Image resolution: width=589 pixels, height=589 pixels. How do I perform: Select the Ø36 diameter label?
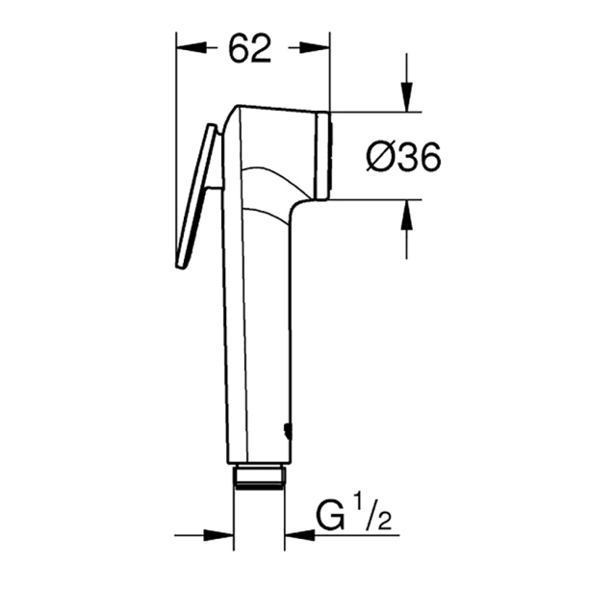click(x=404, y=156)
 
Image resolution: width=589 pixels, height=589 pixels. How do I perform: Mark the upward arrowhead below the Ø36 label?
click(x=406, y=215)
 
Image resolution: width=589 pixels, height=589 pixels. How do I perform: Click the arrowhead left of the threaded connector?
click(x=222, y=534)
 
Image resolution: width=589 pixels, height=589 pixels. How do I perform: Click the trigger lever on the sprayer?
click(x=195, y=197)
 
